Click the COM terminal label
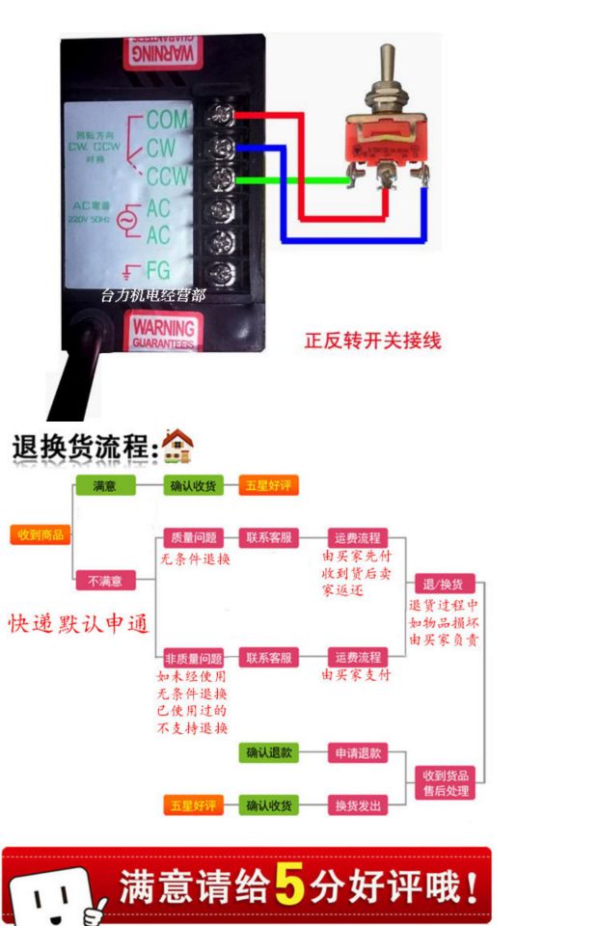pos(165,121)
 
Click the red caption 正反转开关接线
pos(372,340)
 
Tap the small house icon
pos(177,446)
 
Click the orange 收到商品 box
pos(41,534)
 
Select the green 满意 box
pos(105,486)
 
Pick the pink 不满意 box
pos(105,581)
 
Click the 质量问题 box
pos(194,537)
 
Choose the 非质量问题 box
pos(194,658)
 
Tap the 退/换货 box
pos(443,585)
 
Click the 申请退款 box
pos(357,753)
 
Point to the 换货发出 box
pos(357,804)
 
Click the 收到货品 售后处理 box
pos(445,782)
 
